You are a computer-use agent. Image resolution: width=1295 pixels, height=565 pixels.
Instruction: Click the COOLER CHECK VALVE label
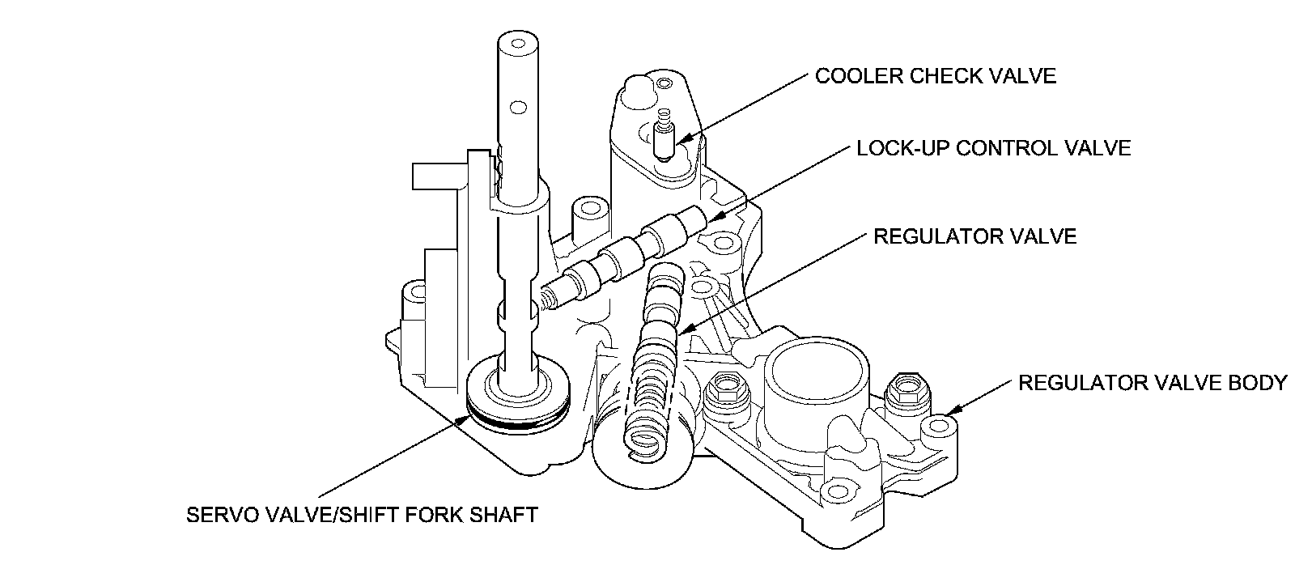click(936, 76)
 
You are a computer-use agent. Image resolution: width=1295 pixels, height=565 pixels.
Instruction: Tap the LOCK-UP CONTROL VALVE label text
click(993, 148)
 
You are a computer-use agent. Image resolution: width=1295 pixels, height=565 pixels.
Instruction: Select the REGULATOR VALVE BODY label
click(1153, 382)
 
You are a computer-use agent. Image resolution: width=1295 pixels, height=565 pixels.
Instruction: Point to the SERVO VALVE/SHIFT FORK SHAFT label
click(362, 514)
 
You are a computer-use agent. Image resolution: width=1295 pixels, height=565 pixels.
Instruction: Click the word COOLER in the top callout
click(859, 76)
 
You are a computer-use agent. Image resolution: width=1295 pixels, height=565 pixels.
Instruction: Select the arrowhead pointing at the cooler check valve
click(682, 138)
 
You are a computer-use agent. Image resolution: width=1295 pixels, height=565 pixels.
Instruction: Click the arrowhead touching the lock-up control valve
click(715, 217)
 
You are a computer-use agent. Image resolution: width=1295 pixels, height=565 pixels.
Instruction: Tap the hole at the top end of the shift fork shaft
click(519, 44)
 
